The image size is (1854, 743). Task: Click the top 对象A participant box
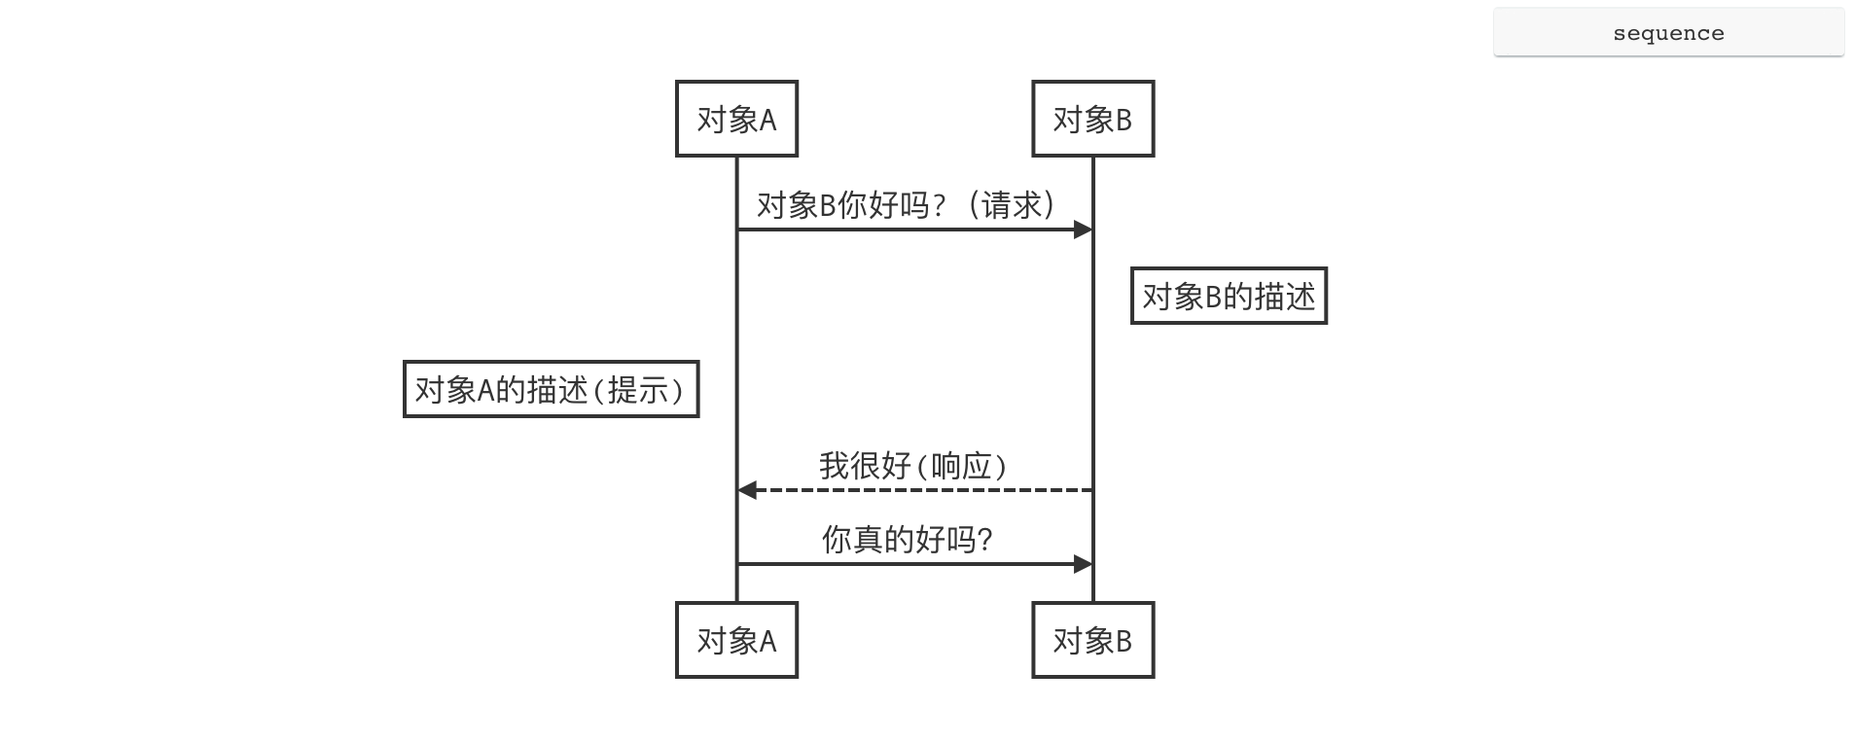[x=736, y=119]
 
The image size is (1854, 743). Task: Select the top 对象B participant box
[x=1092, y=119]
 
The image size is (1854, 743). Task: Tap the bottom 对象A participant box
[x=736, y=640]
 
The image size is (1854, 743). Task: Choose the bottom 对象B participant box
[x=1092, y=640]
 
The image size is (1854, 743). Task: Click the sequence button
[x=1668, y=33]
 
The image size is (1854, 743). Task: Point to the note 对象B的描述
[x=1229, y=296]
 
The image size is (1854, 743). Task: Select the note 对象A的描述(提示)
[x=551, y=389]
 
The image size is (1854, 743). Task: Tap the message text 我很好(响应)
[x=912, y=466]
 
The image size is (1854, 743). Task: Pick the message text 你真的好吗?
[x=907, y=539]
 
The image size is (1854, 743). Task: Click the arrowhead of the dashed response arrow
[x=747, y=490]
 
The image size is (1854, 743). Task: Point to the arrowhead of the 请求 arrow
[x=1083, y=230]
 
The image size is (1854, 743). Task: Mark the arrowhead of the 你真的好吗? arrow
[x=1083, y=564]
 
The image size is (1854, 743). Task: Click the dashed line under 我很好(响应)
[x=914, y=490]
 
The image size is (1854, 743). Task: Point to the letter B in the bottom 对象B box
[x=1123, y=641]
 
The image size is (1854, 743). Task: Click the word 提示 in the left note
[x=638, y=390]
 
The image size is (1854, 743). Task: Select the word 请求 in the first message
[x=1012, y=204]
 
